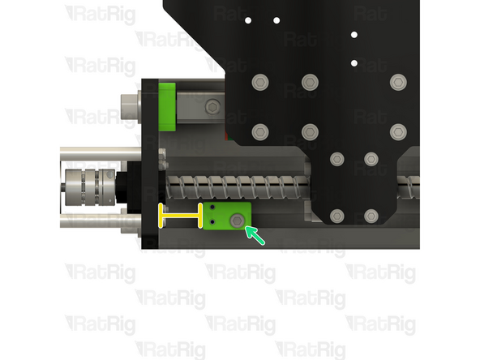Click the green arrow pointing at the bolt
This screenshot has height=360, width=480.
pyautogui.click(x=255, y=235)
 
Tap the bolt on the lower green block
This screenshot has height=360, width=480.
pyautogui.click(x=237, y=221)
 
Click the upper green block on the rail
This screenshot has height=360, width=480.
pyautogui.click(x=168, y=105)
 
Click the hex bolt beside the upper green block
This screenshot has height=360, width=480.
pyautogui.click(x=212, y=105)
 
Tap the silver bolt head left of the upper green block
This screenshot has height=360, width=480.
pyautogui.click(x=129, y=105)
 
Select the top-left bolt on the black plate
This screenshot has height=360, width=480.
pyautogui.click(x=259, y=82)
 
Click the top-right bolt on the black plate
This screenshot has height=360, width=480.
pyautogui.click(x=396, y=82)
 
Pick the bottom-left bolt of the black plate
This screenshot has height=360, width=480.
pyautogui.click(x=337, y=216)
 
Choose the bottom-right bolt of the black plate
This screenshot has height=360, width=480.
pyautogui.click(x=371, y=216)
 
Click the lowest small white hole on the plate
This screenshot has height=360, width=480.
pyautogui.click(x=354, y=62)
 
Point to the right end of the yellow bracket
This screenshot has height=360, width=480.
pyautogui.click(x=199, y=216)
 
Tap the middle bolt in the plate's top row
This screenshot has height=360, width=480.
pyautogui.click(x=309, y=82)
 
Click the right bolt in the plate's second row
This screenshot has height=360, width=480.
pyautogui.click(x=396, y=131)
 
